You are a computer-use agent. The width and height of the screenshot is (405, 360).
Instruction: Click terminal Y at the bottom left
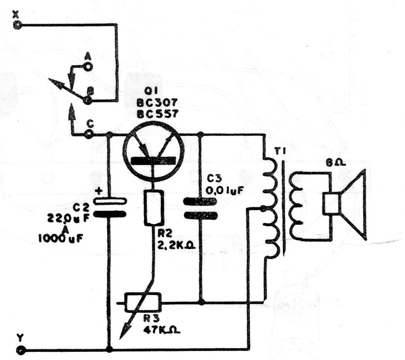pos(20,350)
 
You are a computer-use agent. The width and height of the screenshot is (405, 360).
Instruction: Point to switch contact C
pos(88,134)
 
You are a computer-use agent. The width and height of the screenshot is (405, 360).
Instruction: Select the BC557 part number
pos(157,113)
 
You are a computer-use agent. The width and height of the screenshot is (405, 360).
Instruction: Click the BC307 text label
pos(157,103)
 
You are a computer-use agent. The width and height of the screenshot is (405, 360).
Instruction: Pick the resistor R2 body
pos(154,207)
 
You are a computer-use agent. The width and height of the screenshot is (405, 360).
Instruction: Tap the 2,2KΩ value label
pos(176,245)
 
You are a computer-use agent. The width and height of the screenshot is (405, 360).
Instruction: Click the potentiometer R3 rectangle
pos(143,302)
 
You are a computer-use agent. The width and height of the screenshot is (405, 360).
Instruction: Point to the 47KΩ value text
pos(161,330)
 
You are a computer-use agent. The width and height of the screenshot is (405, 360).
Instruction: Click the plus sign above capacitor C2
pos(99,191)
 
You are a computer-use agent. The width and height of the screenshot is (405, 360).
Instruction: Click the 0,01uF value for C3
pos(224,191)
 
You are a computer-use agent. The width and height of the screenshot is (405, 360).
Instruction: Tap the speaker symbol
pos(345,205)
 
